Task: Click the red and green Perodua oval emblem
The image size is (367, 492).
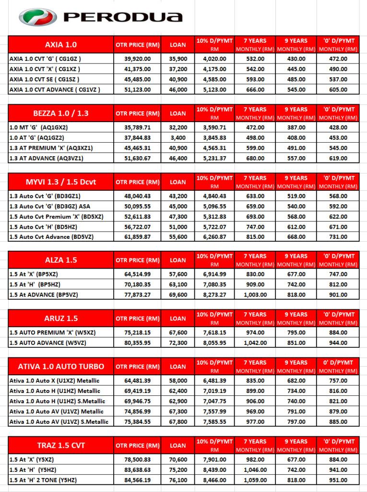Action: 37,17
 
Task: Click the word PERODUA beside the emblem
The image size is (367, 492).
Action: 123,18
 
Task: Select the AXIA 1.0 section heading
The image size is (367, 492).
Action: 60,45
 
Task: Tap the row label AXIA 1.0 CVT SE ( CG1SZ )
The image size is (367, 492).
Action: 45,79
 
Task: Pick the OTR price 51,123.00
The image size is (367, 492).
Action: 137,89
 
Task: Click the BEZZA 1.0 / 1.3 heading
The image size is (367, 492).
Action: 60,113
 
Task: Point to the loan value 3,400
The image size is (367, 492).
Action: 178,137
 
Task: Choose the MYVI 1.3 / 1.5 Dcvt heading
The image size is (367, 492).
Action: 60,182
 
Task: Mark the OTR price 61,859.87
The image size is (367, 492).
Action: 137,237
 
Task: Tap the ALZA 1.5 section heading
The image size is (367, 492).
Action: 60,260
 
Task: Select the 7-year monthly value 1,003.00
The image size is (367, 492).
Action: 254,295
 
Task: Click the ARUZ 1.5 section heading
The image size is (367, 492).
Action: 60,318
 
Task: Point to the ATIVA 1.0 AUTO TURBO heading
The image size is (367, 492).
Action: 60,366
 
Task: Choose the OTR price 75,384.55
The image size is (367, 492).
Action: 137,422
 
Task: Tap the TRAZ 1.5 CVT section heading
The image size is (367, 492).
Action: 60,445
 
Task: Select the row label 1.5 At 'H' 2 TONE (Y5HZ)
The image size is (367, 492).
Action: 43,480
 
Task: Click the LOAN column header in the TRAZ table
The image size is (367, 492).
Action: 178,445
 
